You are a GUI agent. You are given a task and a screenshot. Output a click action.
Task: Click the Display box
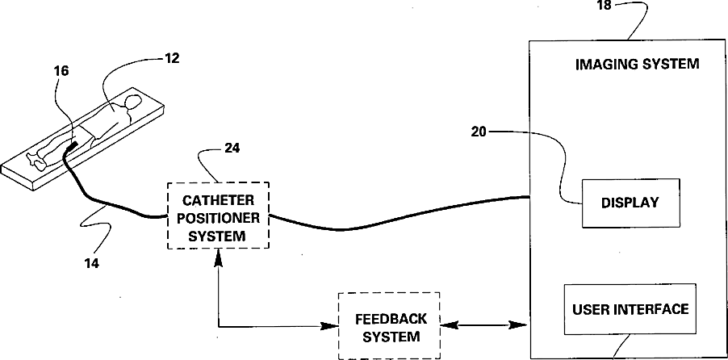[630, 203]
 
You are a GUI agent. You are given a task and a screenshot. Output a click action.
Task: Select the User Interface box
[630, 309]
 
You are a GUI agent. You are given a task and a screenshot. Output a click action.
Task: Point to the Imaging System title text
[637, 64]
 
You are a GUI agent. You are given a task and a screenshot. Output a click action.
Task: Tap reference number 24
[232, 149]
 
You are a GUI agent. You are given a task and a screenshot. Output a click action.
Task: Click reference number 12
[171, 58]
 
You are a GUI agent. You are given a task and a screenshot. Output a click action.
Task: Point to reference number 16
[61, 71]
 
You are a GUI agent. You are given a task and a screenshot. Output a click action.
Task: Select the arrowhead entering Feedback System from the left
[331, 326]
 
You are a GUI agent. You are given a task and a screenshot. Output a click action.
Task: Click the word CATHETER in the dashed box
[218, 199]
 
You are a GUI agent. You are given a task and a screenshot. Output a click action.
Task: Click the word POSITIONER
[218, 217]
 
